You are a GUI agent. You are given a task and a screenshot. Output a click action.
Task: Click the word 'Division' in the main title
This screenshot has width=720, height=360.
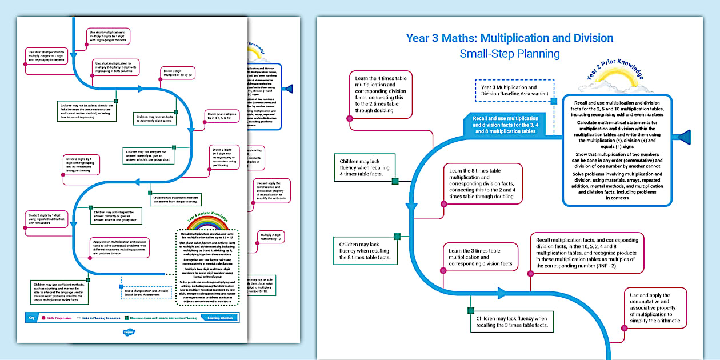(588, 38)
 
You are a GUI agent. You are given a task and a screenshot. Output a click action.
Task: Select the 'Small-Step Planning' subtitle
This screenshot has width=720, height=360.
(510, 54)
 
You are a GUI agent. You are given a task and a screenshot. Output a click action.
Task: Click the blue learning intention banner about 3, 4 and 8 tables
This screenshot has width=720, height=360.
(505, 125)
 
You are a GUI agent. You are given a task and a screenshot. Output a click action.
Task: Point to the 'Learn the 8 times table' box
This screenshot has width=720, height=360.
(483, 183)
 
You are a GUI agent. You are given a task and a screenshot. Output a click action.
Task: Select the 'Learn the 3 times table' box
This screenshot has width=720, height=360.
(481, 257)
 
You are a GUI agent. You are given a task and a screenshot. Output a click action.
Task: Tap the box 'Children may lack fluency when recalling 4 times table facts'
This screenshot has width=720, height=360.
(365, 168)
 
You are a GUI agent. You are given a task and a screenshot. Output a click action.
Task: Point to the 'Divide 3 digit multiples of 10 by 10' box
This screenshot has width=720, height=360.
(178, 73)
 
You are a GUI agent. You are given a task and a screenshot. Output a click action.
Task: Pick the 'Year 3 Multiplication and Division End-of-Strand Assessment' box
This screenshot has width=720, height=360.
(146, 293)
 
